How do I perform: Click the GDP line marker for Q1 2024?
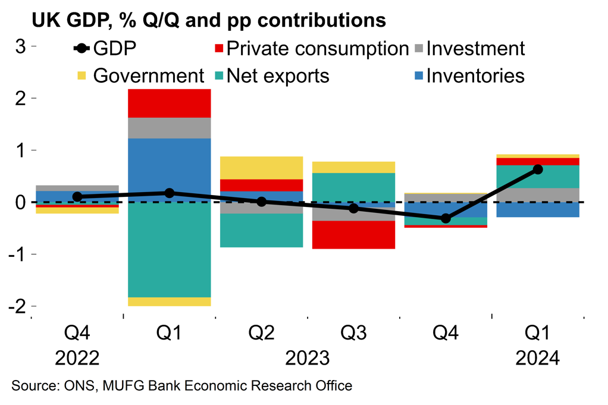(538, 169)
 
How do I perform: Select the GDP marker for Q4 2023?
(446, 219)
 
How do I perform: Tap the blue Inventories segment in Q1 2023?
(170, 169)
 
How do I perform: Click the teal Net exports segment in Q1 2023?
(170, 250)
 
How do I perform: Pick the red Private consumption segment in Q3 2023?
(354, 234)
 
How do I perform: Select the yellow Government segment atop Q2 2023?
(262, 168)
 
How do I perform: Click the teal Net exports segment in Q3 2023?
(354, 187)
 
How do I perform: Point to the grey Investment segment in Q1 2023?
(170, 128)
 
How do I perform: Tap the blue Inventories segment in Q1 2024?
(538, 210)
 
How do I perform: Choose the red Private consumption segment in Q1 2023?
(170, 103)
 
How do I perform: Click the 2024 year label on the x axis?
(538, 359)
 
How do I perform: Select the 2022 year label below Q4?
(77, 359)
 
